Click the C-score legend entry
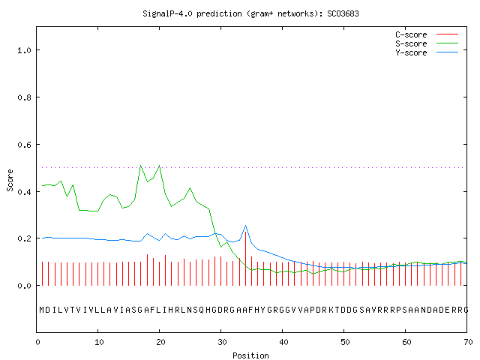pyautogui.click(x=427, y=34)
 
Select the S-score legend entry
pyautogui.click(x=427, y=43)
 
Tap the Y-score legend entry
pyautogui.click(x=427, y=52)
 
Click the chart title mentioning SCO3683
pyautogui.click(x=250, y=13)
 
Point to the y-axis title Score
pyautogui.click(x=10, y=180)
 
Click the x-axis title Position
pyautogui.click(x=250, y=355)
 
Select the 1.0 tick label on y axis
pyautogui.click(x=24, y=50)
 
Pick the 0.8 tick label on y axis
pyautogui.click(x=24, y=97)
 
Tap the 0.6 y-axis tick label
pyautogui.click(x=24, y=145)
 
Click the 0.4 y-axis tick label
pyautogui.click(x=24, y=192)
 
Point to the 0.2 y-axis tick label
pyautogui.click(x=24, y=238)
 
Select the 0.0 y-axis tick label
pyautogui.click(x=24, y=286)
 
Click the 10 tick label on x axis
pyautogui.click(x=99, y=342)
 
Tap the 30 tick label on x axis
pyautogui.click(x=222, y=342)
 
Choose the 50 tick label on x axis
pyautogui.click(x=345, y=342)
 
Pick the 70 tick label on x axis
pyautogui.click(x=468, y=342)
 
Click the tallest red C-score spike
pyautogui.click(x=245, y=259)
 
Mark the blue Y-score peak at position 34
pyautogui.click(x=245, y=226)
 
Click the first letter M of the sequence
pyautogui.click(x=42, y=310)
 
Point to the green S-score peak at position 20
pyautogui.click(x=160, y=166)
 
